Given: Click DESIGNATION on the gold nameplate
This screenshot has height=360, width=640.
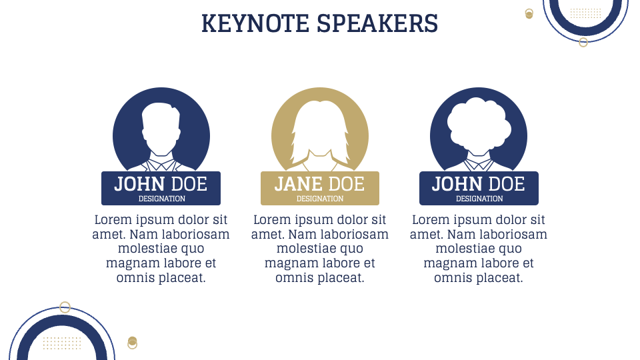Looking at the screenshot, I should [320, 199].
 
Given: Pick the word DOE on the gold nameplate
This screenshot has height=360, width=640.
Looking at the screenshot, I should [347, 184].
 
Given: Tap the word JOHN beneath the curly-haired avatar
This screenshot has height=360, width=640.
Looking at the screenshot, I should [457, 184].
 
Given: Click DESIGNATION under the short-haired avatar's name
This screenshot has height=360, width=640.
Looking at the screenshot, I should [161, 199].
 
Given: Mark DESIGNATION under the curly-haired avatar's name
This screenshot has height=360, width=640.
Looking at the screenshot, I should [479, 199].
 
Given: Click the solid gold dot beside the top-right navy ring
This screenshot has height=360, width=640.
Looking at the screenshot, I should [529, 14].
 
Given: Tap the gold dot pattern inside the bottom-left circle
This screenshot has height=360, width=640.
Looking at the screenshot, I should [62, 343].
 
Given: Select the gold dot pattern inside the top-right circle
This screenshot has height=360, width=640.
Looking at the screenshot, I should [586, 13].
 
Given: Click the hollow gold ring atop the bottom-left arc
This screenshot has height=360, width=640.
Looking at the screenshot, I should [65, 307].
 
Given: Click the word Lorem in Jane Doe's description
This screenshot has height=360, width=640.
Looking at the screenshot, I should [273, 219].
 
